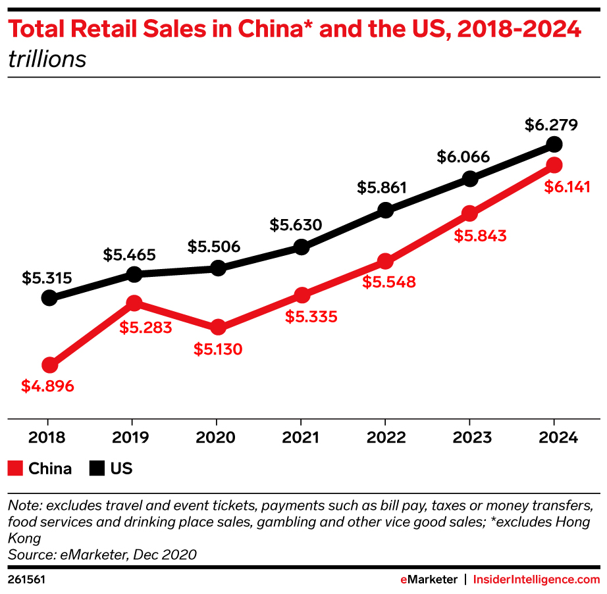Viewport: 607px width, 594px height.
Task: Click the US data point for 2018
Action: pyautogui.click(x=49, y=298)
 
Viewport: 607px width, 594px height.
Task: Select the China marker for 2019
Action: pyautogui.click(x=134, y=303)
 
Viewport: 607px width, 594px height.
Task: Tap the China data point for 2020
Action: pyautogui.click(x=218, y=328)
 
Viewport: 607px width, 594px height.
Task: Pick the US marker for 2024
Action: pyautogui.click(x=554, y=144)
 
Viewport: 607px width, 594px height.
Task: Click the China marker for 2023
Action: pyautogui.click(x=469, y=214)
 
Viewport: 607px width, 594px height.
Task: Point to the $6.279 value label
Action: pyautogui.click(x=551, y=124)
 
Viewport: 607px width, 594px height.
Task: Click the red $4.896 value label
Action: pyautogui.click(x=47, y=386)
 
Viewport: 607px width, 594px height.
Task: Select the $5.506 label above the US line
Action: pyautogui.click(x=214, y=247)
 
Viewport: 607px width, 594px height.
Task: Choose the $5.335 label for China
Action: pyautogui.click(x=311, y=316)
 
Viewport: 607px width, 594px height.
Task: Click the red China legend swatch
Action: pyautogui.click(x=15, y=468)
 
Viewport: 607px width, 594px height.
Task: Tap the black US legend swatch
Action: pyautogui.click(x=97, y=468)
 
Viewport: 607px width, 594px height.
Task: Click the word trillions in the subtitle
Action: pyautogui.click(x=47, y=59)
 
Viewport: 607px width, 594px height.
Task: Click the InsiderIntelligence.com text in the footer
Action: pyautogui.click(x=537, y=580)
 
